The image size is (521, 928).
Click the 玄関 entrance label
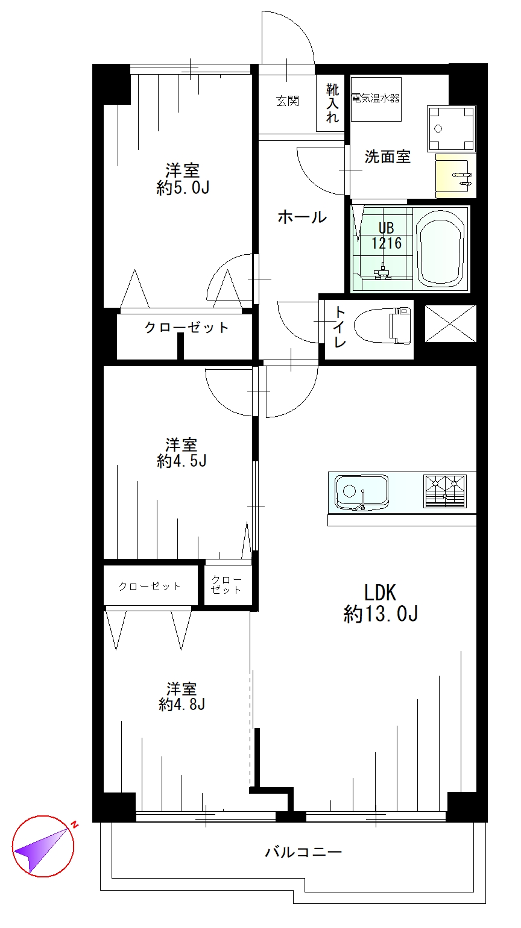click(288, 101)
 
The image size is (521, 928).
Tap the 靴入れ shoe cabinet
click(330, 103)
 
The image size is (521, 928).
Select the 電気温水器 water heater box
click(376, 99)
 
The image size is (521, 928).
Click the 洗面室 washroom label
click(387, 157)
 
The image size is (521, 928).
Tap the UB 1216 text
click(386, 235)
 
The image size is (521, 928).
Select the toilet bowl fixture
click(383, 325)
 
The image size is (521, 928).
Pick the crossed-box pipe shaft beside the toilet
click(450, 323)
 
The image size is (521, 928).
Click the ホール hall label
click(302, 217)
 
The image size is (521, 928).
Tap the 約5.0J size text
click(183, 188)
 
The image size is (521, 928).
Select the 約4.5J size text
click(182, 461)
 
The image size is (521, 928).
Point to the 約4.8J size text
click(182, 705)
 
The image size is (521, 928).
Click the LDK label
click(380, 593)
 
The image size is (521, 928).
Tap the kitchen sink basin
click(362, 493)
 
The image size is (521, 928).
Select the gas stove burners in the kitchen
click(445, 491)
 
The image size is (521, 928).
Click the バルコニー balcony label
click(304, 852)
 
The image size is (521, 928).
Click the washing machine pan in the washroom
click(451, 128)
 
